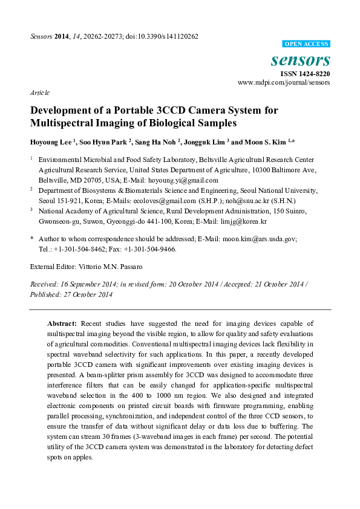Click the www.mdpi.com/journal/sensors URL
[x=284, y=82]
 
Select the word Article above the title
[x=39, y=92]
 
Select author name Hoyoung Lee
[x=50, y=143]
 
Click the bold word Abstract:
[x=62, y=324]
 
